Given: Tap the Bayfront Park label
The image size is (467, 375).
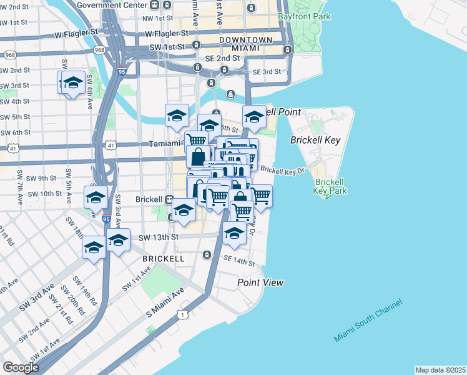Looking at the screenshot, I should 304,16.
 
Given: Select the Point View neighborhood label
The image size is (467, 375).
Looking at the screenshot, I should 260,282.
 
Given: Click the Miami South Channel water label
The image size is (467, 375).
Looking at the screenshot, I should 368,321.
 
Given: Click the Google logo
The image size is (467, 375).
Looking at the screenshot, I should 21,367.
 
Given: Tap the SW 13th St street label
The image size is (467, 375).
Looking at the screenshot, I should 158,237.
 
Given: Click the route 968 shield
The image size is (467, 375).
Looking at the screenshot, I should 99,49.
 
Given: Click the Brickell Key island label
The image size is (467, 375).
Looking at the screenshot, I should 315,140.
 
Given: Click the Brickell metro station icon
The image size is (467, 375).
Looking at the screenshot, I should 169,200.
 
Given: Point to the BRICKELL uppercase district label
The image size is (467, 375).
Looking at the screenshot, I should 163,258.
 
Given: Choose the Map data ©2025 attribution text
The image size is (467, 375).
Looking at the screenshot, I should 440,370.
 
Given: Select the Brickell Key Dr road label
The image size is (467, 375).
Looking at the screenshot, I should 282,169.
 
